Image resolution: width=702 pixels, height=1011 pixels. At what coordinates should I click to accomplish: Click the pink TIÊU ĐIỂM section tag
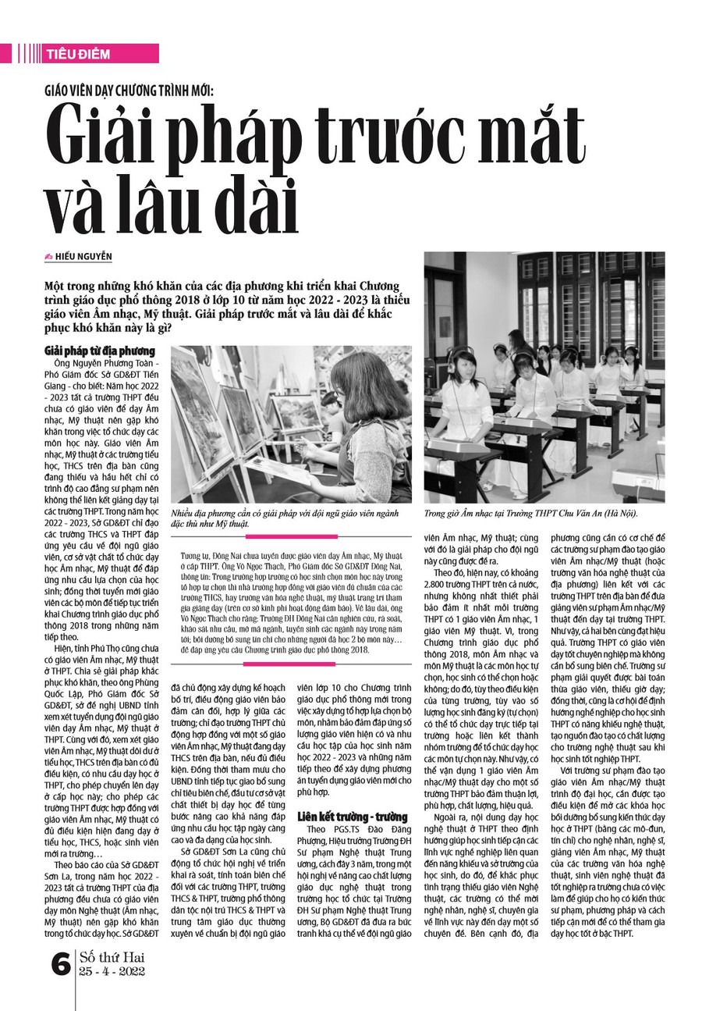(x=78, y=54)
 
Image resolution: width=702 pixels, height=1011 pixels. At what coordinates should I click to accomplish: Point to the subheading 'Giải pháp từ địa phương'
(x=100, y=351)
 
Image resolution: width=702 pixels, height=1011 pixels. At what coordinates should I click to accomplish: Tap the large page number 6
(x=60, y=965)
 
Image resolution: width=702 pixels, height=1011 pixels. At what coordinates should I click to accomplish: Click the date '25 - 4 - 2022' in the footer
(x=112, y=973)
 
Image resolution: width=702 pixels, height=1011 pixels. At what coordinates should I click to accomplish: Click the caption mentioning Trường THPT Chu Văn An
(x=530, y=513)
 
